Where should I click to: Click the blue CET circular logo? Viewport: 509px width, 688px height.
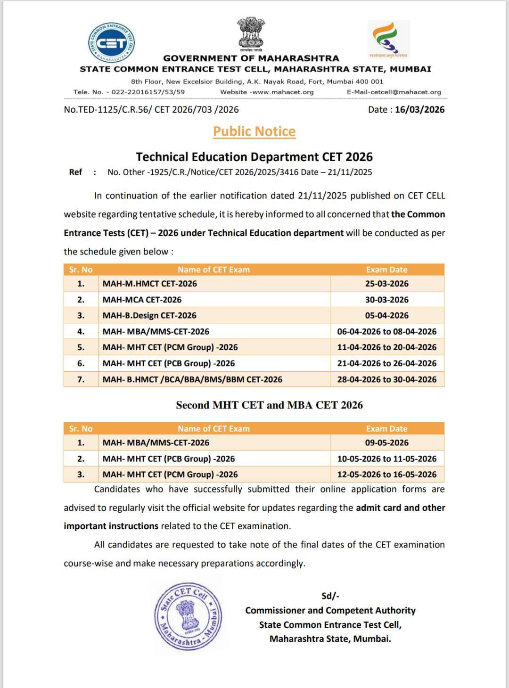112,42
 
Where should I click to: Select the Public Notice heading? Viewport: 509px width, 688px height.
254,131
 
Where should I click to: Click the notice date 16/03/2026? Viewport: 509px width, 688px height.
419,110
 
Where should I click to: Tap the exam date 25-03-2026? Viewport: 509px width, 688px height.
386,284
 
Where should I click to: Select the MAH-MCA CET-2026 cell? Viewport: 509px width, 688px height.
142,300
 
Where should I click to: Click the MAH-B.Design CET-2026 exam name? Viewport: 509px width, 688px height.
149,316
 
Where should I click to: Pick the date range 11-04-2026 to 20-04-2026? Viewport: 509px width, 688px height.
386,347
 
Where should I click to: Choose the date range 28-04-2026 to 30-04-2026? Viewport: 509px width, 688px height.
386,379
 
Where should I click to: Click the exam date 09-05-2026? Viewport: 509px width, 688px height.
386,443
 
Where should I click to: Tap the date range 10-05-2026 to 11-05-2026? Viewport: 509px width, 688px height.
386,459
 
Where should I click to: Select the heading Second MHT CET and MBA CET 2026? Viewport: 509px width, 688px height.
269,405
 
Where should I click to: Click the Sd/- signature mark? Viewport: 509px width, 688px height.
330,596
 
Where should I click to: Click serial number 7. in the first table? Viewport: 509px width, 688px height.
81,379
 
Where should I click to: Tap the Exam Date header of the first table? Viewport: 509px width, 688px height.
386,270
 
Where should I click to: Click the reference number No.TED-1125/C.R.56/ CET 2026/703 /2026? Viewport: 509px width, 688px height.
151,110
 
